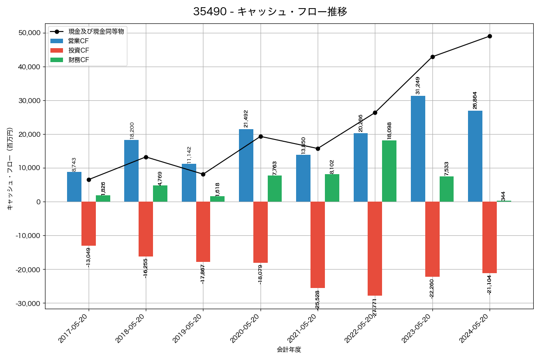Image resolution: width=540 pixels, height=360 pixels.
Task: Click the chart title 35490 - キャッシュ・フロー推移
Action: (270, 12)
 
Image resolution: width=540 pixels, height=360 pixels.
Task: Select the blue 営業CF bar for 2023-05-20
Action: (418, 148)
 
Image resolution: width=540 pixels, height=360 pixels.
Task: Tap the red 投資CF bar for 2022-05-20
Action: (375, 248)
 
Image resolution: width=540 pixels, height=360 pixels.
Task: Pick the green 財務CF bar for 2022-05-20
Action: (389, 171)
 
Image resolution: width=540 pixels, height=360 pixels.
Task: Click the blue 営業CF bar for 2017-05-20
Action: (74, 187)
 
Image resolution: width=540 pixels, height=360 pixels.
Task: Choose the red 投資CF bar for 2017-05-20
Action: (89, 224)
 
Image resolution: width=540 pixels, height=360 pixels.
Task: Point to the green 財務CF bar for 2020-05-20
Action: (274, 189)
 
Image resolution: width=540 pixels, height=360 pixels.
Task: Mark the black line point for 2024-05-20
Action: (490, 36)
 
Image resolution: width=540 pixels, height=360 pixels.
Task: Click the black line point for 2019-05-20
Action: (203, 174)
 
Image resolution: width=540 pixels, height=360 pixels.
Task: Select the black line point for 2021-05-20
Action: (318, 148)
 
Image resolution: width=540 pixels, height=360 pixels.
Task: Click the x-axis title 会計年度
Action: (289, 350)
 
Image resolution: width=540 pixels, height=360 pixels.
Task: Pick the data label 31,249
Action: (418, 85)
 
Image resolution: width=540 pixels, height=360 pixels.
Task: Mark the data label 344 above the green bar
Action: (504, 196)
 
